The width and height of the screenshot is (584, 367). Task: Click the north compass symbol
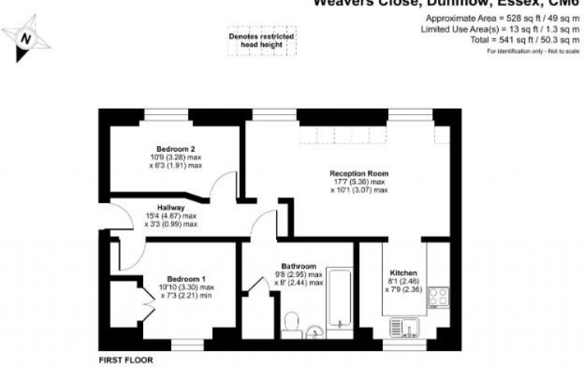(26, 39)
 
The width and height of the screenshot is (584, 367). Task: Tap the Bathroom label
(298, 267)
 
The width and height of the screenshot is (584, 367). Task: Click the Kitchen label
(403, 273)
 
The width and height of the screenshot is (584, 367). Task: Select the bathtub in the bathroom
(340, 296)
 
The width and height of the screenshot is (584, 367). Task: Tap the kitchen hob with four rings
(439, 297)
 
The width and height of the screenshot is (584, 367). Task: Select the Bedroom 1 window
(187, 345)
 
